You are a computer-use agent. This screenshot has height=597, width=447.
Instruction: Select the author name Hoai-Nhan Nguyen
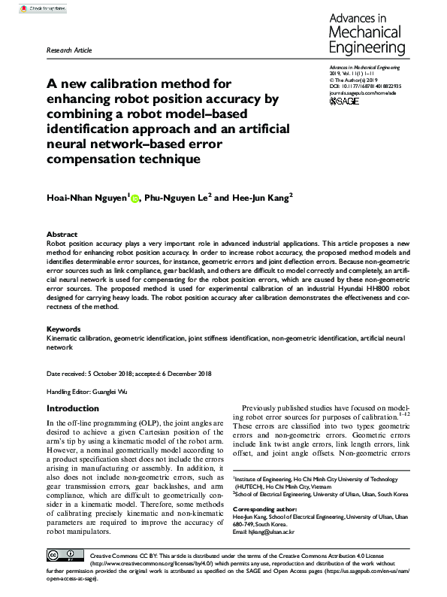(x=88, y=198)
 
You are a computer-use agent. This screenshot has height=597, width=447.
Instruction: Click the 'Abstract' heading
(x=62, y=235)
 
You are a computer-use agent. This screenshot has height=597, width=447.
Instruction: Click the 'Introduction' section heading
(x=73, y=408)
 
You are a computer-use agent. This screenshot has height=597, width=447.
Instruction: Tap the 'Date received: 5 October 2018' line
(x=89, y=374)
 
